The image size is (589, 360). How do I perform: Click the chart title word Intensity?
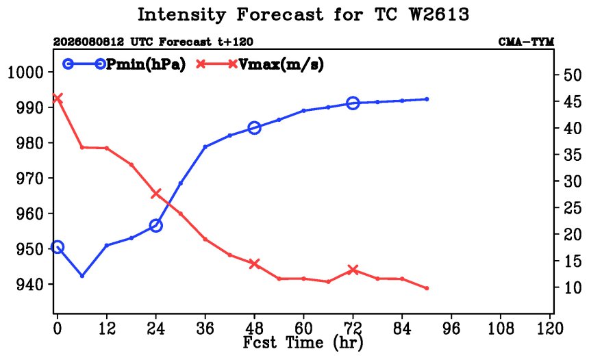(181, 15)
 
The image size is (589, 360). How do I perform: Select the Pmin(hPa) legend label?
(146, 64)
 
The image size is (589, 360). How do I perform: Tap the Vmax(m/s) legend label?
(281, 64)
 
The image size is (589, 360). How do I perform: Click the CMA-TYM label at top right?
(526, 42)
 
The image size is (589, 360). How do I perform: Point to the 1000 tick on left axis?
(25, 72)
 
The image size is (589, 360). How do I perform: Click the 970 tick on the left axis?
(29, 179)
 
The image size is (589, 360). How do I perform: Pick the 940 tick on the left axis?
(29, 284)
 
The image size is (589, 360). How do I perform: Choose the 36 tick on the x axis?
(205, 329)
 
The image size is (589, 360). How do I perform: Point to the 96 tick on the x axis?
(451, 329)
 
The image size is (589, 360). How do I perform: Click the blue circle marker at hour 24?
(156, 226)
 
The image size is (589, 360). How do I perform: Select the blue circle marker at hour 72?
(353, 103)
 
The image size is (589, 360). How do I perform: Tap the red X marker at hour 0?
(57, 99)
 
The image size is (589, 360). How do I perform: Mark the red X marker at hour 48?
(254, 263)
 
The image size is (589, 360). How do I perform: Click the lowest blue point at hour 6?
(82, 276)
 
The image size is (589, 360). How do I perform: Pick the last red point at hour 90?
(427, 288)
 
